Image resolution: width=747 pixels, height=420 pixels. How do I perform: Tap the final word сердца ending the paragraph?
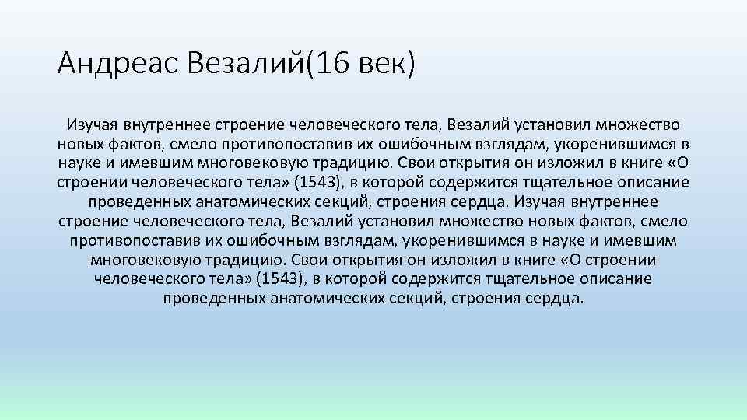click(x=553, y=299)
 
